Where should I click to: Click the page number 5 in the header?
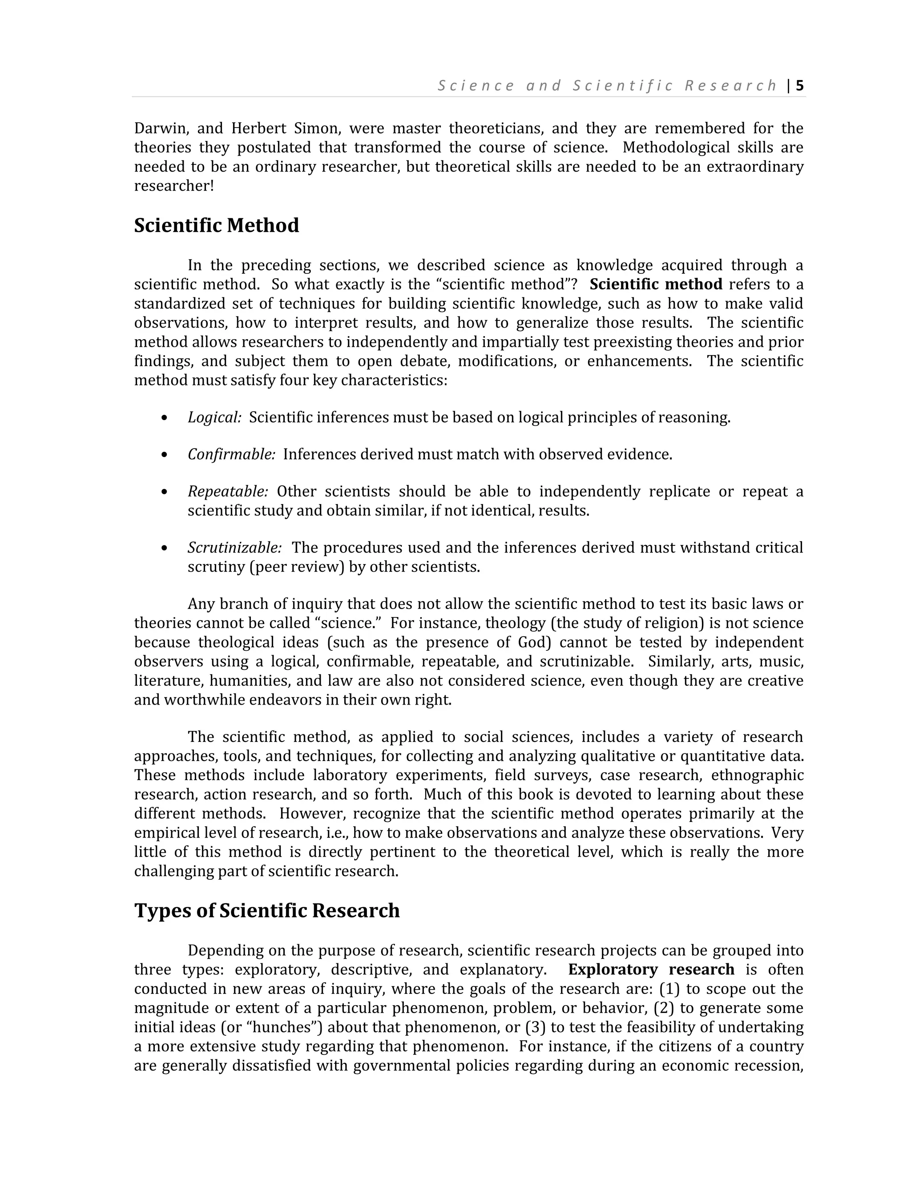[799, 86]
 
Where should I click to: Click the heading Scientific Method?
[217, 225]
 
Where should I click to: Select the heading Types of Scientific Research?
[266, 910]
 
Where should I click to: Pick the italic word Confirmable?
[231, 455]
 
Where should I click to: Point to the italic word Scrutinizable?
[234, 548]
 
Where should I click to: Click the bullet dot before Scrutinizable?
[165, 549]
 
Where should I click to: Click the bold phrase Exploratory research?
[651, 969]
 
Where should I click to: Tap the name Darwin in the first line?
[160, 128]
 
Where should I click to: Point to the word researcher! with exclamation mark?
[174, 186]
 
